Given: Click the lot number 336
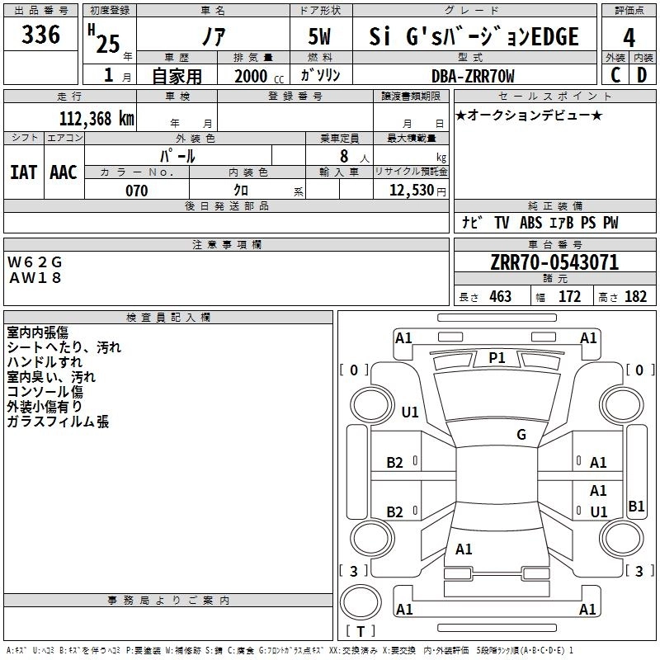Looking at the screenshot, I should [x=41, y=35].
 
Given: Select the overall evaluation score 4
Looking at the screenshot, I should [x=629, y=37].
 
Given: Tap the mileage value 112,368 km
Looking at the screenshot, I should [x=96, y=118].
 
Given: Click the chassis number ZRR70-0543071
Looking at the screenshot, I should [x=554, y=263].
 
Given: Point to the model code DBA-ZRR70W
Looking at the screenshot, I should [x=473, y=76].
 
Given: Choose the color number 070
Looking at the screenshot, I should [x=137, y=191].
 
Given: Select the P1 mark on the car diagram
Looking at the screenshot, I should [x=497, y=357].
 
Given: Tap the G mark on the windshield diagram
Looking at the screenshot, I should [x=521, y=434].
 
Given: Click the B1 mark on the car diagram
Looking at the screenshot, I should [x=636, y=507].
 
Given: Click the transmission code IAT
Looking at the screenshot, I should [x=23, y=172].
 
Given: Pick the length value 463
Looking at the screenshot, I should [x=500, y=297].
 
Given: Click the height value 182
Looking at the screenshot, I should [x=636, y=297].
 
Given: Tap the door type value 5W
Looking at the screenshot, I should [x=322, y=37].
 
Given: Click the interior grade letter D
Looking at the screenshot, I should [x=642, y=76].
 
